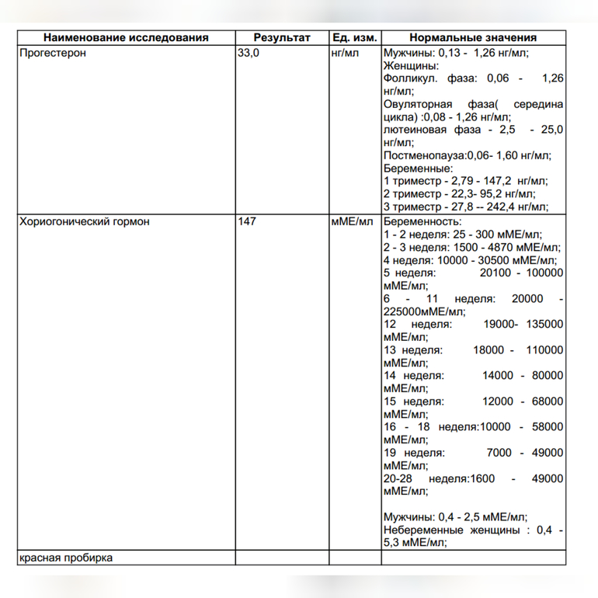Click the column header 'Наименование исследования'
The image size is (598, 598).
point(126,38)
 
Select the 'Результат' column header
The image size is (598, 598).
point(281,38)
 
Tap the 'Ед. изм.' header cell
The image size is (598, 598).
point(354,38)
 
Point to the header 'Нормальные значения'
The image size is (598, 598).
point(473,38)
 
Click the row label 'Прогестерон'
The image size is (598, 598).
point(52,54)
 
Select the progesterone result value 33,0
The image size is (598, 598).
point(249,54)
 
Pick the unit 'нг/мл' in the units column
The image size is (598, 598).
point(346,54)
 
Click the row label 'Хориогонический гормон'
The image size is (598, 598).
point(84,221)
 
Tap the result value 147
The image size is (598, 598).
point(247,221)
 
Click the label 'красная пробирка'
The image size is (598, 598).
point(66,558)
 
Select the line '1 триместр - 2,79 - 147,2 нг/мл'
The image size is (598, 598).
point(459,180)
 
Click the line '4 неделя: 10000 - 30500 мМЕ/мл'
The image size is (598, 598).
point(470,260)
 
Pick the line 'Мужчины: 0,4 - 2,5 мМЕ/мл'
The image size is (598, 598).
point(455,517)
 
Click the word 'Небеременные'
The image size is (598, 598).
point(423,530)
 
